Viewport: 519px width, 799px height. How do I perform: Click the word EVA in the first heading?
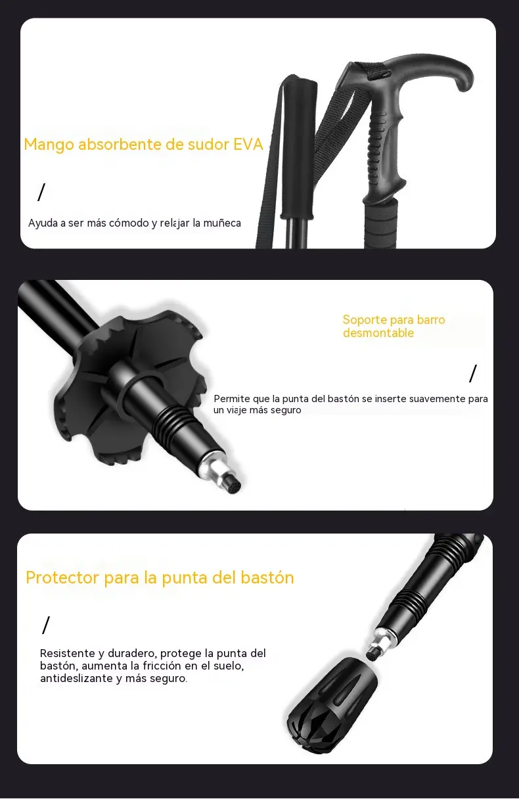tap(248, 145)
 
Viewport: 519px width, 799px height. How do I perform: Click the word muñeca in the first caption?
tap(222, 223)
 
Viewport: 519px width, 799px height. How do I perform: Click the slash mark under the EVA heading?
tap(42, 193)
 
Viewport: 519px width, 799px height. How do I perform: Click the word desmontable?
tap(378, 333)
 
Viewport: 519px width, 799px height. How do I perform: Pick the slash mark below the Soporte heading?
tap(472, 373)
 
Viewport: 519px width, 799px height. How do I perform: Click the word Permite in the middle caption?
tap(232, 399)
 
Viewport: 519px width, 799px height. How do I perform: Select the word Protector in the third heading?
tap(62, 578)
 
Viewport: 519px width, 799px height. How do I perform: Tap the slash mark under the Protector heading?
tap(45, 625)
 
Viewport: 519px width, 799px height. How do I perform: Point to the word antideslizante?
tap(76, 678)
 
